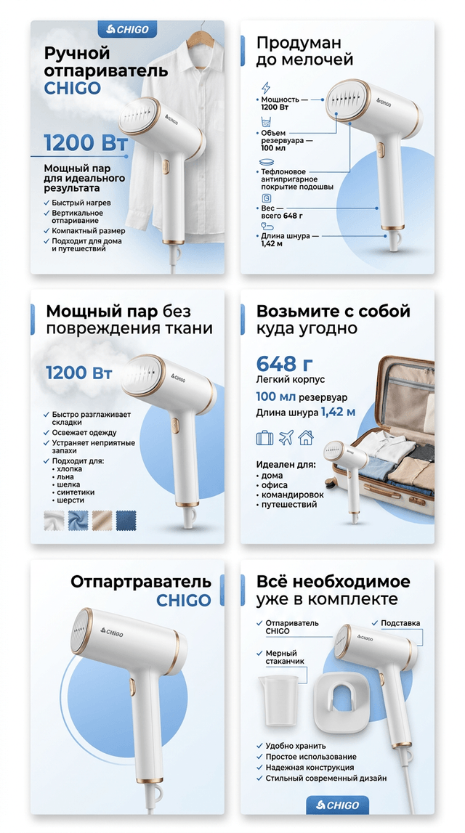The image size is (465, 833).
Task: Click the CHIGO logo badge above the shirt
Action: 128,29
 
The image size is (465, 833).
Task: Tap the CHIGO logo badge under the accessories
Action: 337,805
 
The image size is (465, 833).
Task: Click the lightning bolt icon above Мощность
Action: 266,88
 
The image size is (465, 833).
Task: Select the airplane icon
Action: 286,438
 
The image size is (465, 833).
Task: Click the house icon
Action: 306,438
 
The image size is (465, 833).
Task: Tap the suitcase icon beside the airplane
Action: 264,438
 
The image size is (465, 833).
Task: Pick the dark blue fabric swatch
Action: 126,520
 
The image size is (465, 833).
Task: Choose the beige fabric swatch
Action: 102,520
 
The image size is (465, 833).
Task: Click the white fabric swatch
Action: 54,520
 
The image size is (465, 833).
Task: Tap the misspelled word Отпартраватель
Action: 141,582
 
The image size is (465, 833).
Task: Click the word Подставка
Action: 400,622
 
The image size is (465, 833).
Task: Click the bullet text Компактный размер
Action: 89,231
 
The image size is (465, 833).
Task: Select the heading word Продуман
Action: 299,43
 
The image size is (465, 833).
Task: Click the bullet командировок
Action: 292,495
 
